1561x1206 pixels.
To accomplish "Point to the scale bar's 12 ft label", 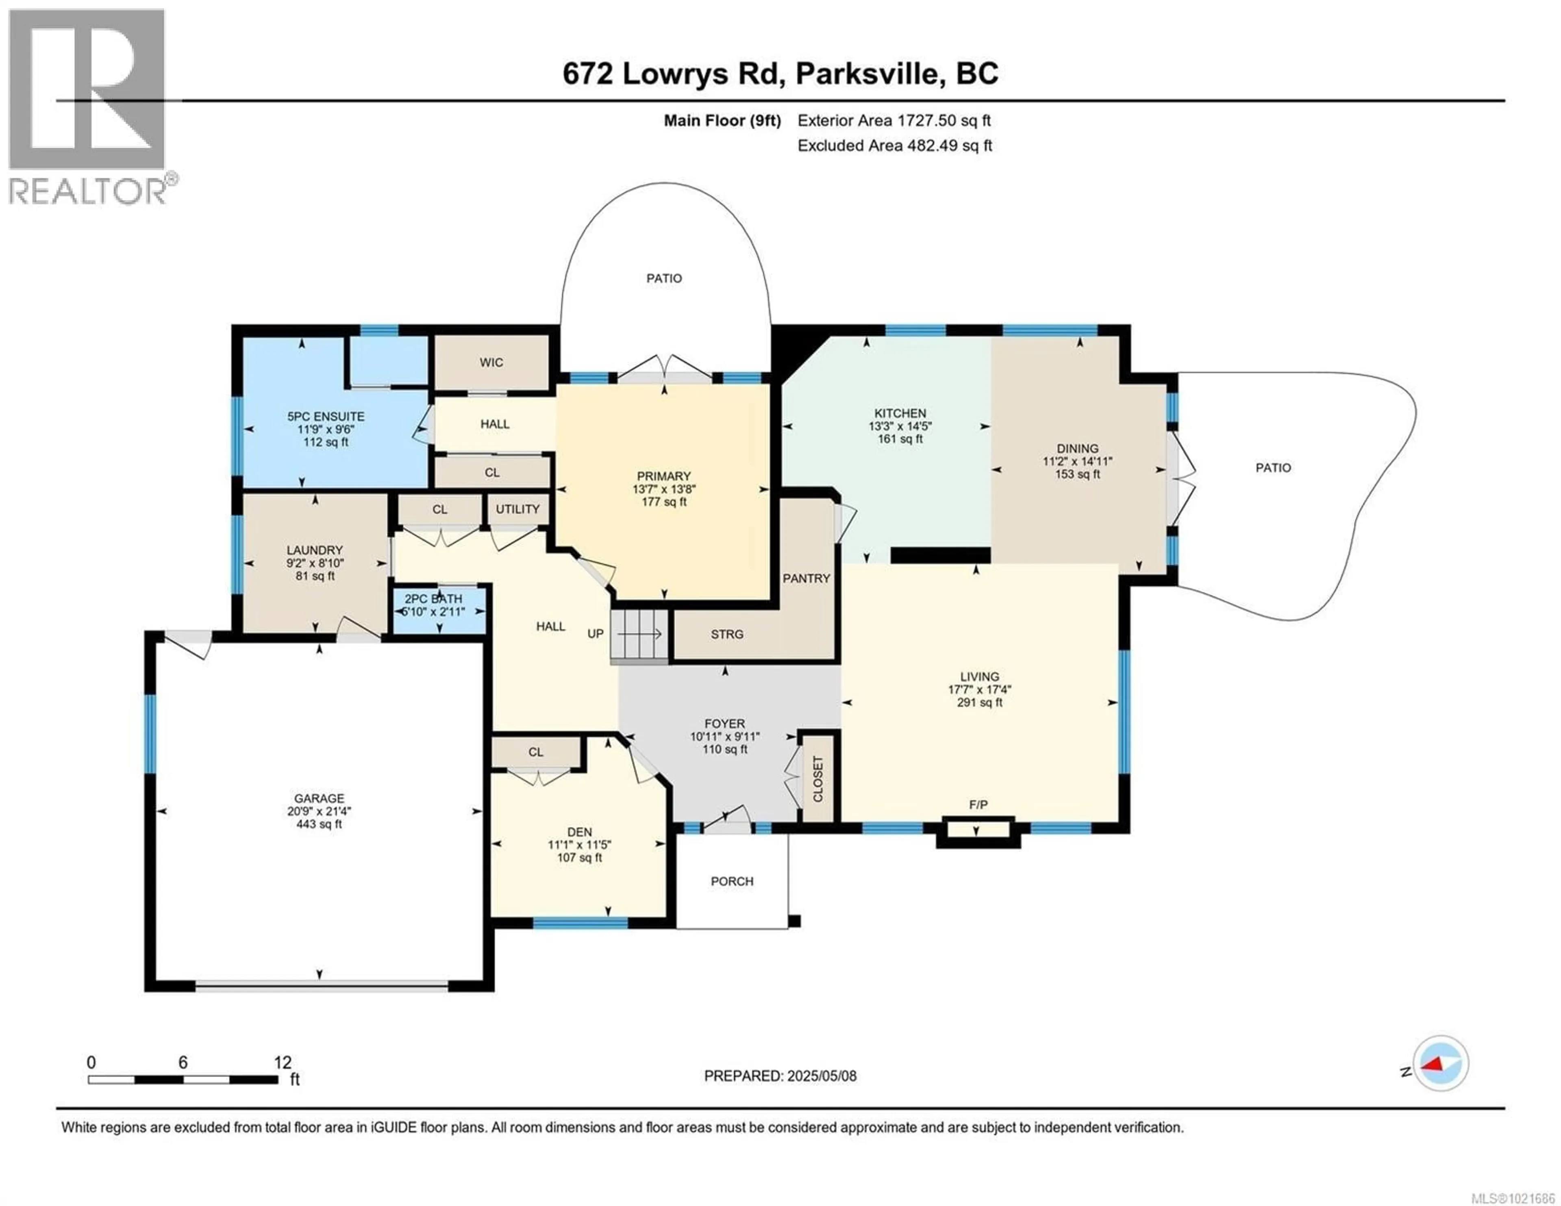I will pyautogui.click(x=283, y=1062).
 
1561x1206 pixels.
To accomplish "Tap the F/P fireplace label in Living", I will pyautogui.click(x=978, y=804).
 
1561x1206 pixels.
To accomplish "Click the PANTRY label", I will pyautogui.click(x=806, y=578).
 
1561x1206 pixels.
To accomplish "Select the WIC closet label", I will pyautogui.click(x=491, y=363).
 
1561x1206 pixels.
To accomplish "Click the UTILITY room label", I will pyautogui.click(x=517, y=509).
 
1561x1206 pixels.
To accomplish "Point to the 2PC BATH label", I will pyautogui.click(x=433, y=599).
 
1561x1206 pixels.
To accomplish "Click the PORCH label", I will pyautogui.click(x=732, y=882).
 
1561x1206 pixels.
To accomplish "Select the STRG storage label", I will pyautogui.click(x=727, y=634).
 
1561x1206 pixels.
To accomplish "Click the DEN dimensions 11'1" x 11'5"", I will pyautogui.click(x=579, y=844).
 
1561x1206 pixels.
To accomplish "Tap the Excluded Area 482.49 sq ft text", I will pyautogui.click(x=894, y=146).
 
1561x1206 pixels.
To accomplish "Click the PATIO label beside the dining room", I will pyautogui.click(x=1273, y=467).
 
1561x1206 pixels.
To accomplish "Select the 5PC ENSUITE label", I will pyautogui.click(x=326, y=416).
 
